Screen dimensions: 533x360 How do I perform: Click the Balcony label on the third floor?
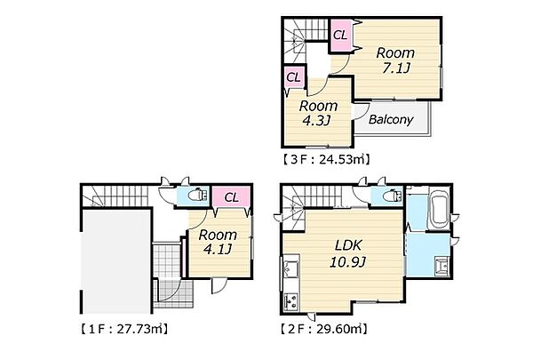(391, 119)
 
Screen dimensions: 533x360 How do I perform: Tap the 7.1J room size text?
(395, 68)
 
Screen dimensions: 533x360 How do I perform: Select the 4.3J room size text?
(316, 121)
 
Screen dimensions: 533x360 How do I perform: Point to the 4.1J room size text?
(218, 249)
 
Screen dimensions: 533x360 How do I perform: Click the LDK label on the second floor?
(348, 245)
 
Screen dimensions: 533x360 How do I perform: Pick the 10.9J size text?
(347, 261)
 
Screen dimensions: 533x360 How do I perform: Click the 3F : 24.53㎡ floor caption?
(326, 159)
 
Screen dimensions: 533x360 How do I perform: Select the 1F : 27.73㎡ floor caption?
(124, 329)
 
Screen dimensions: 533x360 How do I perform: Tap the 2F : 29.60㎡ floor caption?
(324, 329)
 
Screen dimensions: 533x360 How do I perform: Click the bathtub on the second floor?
(439, 209)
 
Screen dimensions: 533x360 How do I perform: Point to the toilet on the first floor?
(198, 196)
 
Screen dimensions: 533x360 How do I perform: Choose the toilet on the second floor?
(392, 196)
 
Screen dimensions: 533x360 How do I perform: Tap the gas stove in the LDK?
(291, 302)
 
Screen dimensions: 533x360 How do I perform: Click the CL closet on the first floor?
(232, 197)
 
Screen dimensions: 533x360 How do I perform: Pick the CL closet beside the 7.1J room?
(340, 35)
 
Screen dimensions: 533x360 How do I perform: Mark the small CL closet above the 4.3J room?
(294, 77)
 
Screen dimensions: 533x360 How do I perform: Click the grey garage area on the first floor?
(116, 261)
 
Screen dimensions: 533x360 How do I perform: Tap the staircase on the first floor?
(115, 196)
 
